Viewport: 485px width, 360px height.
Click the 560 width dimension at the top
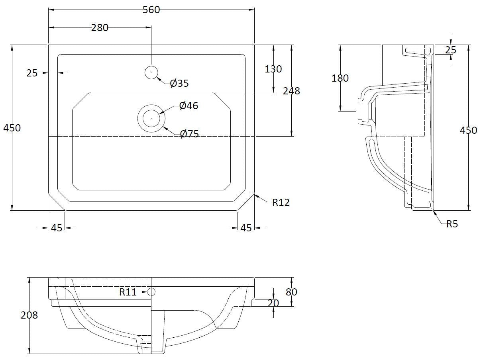tap(151, 10)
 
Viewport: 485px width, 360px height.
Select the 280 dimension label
tap(100, 27)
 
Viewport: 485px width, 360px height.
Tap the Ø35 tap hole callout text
tap(179, 83)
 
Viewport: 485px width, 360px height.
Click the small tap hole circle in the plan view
tap(151, 72)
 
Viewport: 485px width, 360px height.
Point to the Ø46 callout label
tap(189, 106)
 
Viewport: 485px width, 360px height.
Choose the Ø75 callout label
tap(189, 134)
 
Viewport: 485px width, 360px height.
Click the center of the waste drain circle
tap(151, 118)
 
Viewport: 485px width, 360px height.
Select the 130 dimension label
tap(273, 69)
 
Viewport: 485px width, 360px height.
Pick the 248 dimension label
tap(291, 91)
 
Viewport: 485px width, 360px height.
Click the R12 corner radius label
tap(281, 202)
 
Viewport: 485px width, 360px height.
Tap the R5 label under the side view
tap(452, 224)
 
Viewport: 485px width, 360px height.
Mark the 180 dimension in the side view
tap(340, 78)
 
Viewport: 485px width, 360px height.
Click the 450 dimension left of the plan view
tap(12, 128)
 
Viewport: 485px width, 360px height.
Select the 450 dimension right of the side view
tap(468, 130)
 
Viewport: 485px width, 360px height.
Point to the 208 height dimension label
tap(29, 315)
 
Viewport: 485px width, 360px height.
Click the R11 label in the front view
tap(128, 292)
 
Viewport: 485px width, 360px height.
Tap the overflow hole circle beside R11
tap(151, 292)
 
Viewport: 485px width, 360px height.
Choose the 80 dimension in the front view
tap(291, 292)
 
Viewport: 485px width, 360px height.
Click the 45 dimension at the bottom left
tap(57, 228)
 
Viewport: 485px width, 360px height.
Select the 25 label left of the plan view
tap(32, 73)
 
